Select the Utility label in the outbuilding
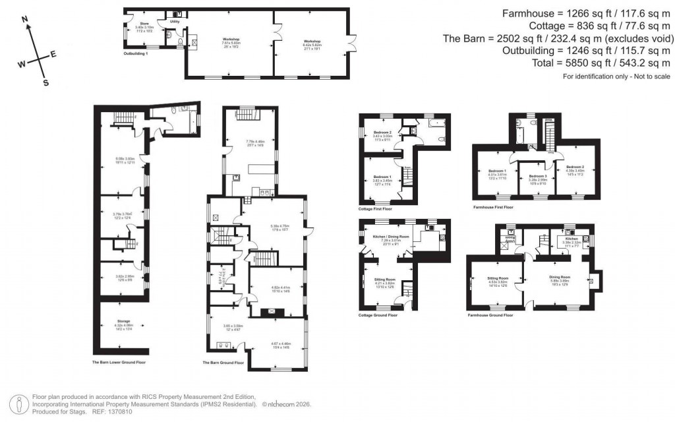[x=174, y=22]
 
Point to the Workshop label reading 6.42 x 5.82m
[x=312, y=41]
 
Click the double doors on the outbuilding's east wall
[x=354, y=44]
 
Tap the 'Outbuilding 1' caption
[x=136, y=52]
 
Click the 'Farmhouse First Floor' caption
[x=493, y=206]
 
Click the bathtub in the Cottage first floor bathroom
[x=434, y=123]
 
